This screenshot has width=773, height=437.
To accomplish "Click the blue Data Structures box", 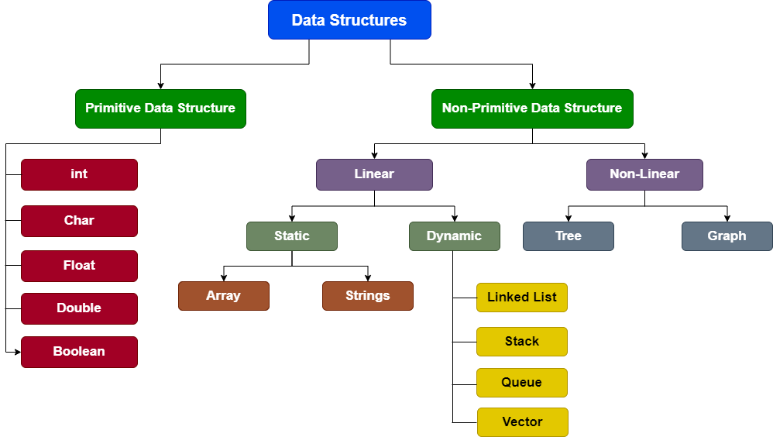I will click(349, 20).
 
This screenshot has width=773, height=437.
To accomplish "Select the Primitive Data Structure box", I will click(160, 108).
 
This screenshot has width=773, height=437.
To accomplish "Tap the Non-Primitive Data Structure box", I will click(532, 108).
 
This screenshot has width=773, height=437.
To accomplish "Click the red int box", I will click(79, 174).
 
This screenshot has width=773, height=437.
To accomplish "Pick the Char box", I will click(79, 221).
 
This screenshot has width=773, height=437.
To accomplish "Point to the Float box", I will click(79, 266).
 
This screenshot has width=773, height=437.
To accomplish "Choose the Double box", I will click(79, 308).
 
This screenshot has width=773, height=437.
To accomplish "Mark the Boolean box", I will click(79, 352).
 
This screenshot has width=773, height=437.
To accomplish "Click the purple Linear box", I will click(374, 174).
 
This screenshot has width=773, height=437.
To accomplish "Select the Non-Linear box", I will click(644, 174).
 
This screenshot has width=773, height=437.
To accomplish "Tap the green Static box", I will click(292, 236).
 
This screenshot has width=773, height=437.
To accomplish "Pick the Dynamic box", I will click(455, 236).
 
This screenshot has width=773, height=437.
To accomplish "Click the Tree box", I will click(569, 236).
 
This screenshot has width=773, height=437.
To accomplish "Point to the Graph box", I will click(727, 236).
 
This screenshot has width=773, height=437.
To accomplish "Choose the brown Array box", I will click(224, 296).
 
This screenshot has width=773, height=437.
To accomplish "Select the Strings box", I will click(368, 296).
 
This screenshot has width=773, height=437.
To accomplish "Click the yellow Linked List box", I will click(522, 298).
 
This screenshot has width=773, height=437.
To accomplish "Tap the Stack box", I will click(522, 342).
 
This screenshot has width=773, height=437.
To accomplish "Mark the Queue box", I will click(522, 383).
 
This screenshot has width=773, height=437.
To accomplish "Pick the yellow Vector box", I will click(523, 422).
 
